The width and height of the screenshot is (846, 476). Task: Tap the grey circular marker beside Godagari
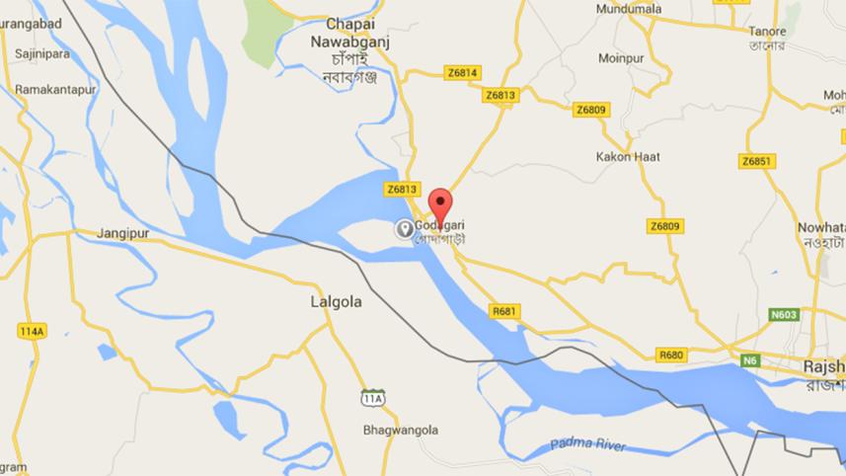(404, 229)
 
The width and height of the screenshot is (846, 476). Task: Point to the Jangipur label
(121, 233)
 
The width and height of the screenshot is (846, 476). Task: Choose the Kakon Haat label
(628, 157)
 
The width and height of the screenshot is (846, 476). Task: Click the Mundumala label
(630, 9)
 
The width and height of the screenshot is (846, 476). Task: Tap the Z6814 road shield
(462, 72)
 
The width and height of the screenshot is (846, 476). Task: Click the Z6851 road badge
(756, 160)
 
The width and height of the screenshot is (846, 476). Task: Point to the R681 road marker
(503, 311)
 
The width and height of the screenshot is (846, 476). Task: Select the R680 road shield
(672, 355)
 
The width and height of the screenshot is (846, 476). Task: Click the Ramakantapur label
(57, 89)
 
